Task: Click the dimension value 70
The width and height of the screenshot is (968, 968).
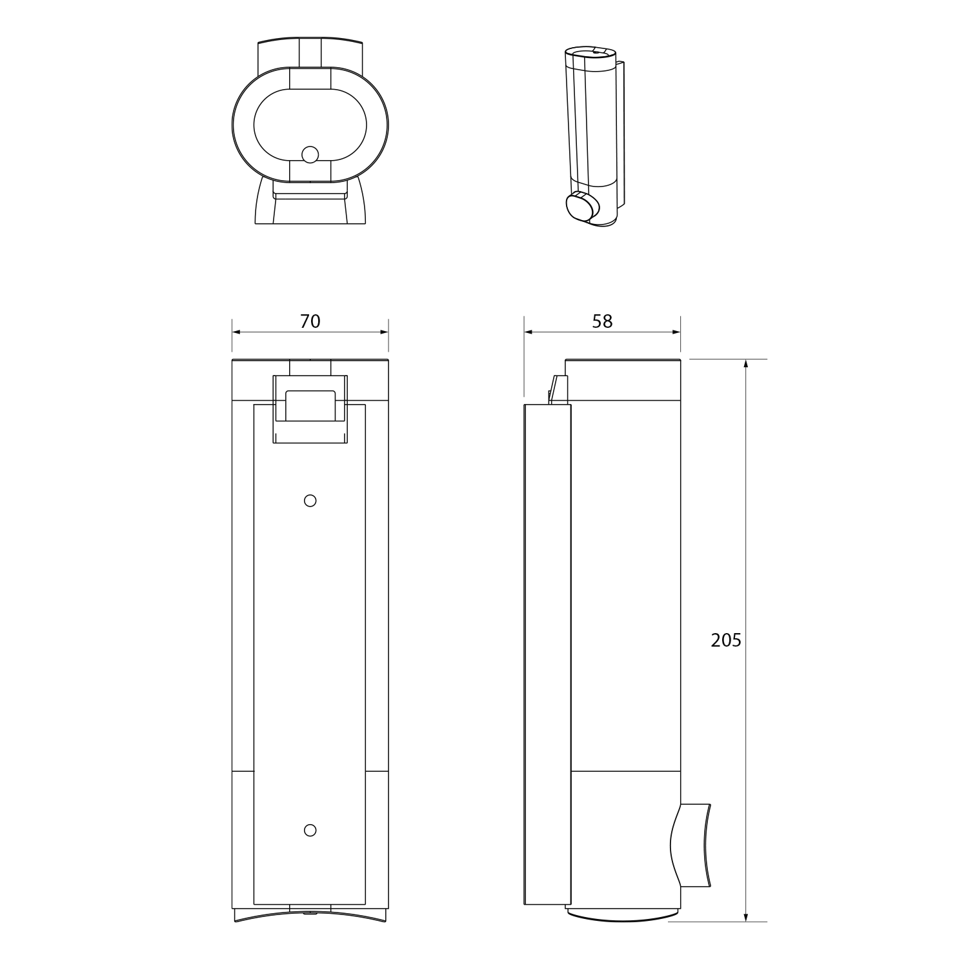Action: tap(310, 321)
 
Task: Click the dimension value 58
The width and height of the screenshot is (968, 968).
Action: tap(602, 321)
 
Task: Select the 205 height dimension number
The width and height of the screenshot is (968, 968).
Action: tap(726, 640)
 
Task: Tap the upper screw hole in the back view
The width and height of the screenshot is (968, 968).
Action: tap(310, 500)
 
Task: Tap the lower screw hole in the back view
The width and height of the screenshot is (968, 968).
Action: tap(310, 830)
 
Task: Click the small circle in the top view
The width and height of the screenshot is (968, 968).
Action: tap(310, 155)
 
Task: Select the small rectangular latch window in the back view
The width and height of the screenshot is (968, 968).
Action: tap(310, 405)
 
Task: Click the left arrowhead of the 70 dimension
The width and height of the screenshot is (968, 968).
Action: tap(236, 332)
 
